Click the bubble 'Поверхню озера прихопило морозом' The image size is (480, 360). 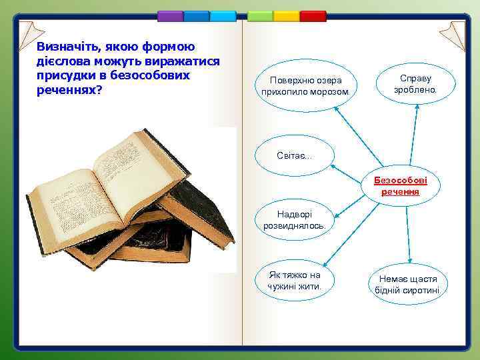point(306,85)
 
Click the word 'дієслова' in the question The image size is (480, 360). point(64,61)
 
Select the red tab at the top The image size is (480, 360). point(312,15)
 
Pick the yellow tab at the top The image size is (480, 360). point(287,15)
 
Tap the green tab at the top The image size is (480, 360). point(261,15)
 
